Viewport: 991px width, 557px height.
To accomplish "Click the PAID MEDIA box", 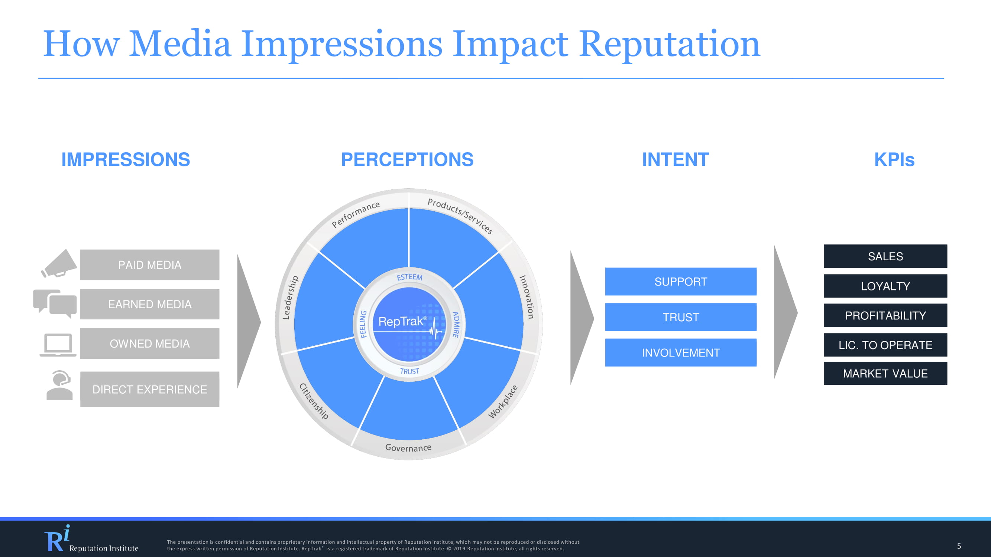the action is [x=150, y=264].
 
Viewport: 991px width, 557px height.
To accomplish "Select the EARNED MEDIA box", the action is [x=150, y=304].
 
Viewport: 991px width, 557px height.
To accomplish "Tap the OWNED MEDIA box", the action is [x=150, y=343].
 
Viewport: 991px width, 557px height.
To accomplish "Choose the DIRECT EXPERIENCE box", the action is [x=150, y=389].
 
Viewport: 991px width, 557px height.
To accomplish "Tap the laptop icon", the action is [x=58, y=345].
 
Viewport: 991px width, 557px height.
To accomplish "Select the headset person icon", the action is [x=59, y=385].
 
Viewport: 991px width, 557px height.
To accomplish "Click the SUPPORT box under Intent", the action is [x=680, y=281].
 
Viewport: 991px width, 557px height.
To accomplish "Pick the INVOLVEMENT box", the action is [x=680, y=352].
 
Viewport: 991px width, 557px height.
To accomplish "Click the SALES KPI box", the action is [x=885, y=256].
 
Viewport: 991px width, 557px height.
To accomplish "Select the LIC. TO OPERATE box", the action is [x=885, y=345].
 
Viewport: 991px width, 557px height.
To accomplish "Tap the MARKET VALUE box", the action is [x=885, y=373].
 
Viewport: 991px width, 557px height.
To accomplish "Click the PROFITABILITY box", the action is [x=885, y=315].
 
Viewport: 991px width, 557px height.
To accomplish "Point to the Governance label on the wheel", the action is [x=408, y=447].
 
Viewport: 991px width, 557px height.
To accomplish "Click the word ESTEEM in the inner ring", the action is [x=409, y=277].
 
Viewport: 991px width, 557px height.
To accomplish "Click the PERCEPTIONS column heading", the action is [x=407, y=160].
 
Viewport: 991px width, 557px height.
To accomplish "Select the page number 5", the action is [x=959, y=546].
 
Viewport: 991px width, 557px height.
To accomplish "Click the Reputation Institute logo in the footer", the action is [x=91, y=539].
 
